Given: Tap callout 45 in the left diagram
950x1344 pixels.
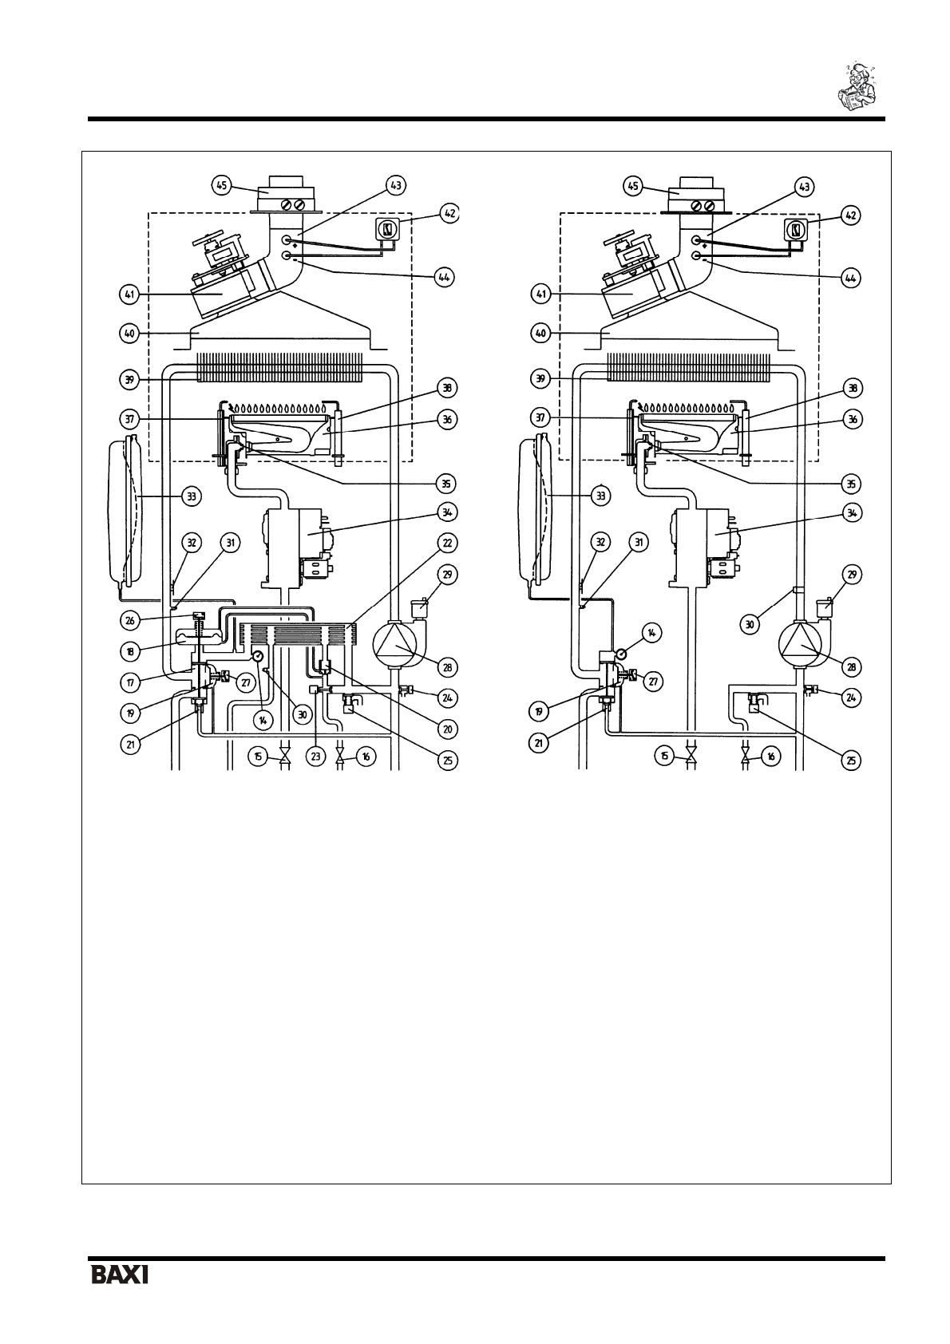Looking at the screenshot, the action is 222,186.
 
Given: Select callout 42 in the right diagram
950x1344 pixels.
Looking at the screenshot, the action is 850,215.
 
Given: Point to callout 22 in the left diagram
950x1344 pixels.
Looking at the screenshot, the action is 447,543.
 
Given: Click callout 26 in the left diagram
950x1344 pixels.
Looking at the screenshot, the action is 130,620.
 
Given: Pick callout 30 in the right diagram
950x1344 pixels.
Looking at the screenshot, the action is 750,625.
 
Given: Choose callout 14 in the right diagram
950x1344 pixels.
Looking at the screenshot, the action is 652,631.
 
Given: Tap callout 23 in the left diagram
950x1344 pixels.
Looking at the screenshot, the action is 315,757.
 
